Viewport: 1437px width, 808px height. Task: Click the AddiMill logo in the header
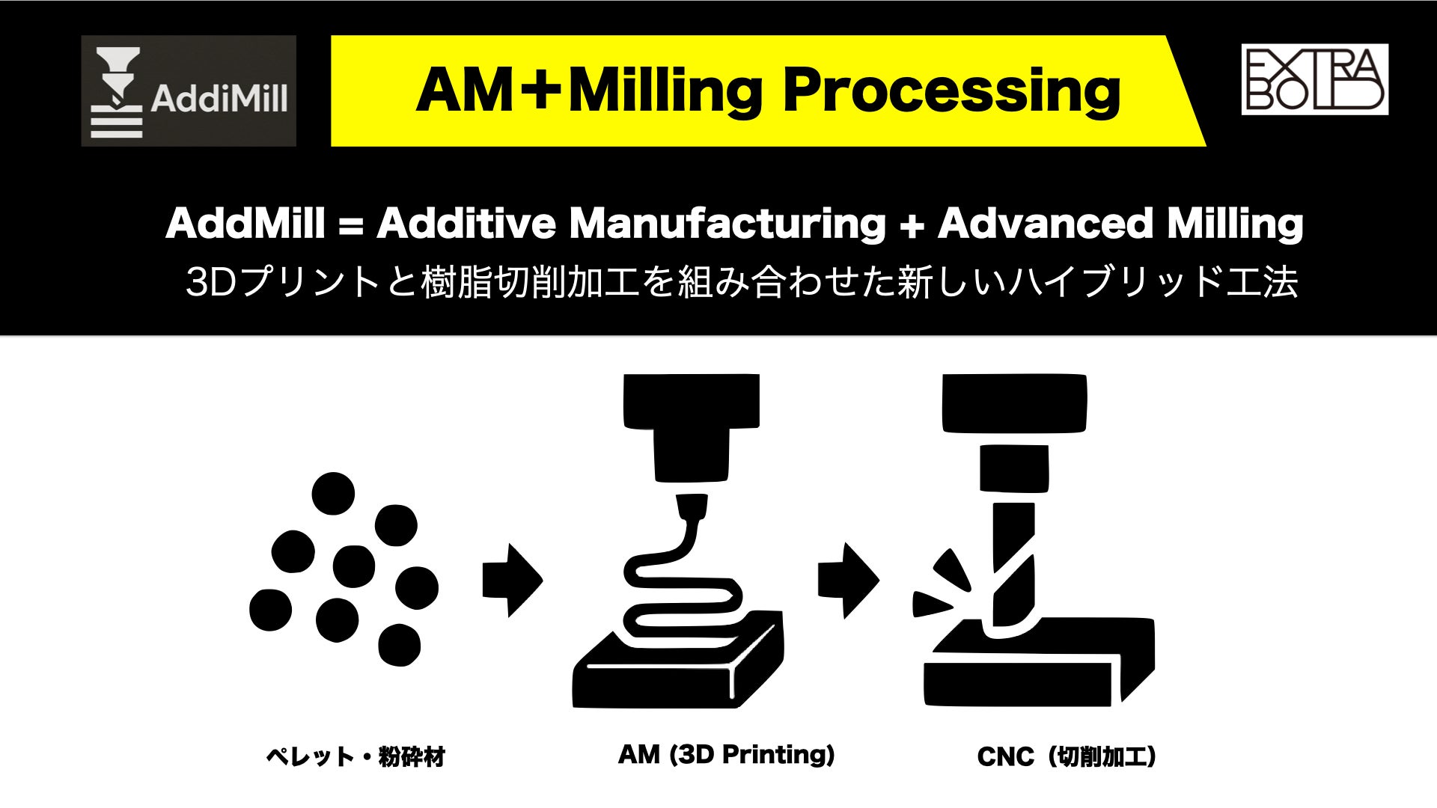(189, 91)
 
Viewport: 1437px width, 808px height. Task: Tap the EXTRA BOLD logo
(1314, 79)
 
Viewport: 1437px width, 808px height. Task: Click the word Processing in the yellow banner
(951, 91)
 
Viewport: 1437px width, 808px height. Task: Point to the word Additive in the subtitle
(466, 223)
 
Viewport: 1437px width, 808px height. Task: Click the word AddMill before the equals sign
(245, 223)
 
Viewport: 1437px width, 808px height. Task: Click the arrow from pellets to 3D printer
(512, 580)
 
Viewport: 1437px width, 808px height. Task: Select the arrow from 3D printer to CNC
(847, 580)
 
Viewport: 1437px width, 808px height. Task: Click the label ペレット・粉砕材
(356, 756)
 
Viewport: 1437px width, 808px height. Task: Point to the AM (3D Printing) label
(726, 754)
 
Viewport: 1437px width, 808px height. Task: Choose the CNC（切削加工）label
(1067, 756)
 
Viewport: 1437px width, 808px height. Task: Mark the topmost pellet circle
(333, 493)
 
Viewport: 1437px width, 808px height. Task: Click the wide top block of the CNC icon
(1014, 403)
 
